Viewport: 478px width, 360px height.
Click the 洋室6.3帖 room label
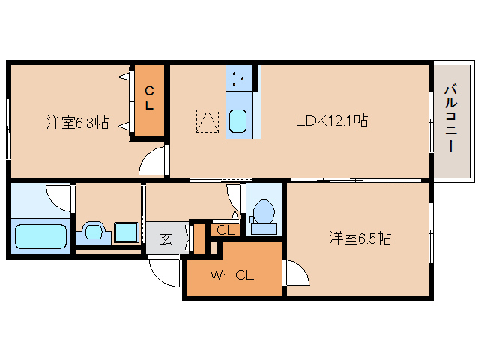point(77,122)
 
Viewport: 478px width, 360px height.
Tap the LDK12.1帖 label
point(331,120)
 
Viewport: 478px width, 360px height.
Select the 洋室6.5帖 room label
point(360,238)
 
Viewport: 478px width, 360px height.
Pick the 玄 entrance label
point(166,240)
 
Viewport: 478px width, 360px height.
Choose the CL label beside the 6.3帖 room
point(149,99)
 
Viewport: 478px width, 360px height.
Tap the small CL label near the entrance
point(226,230)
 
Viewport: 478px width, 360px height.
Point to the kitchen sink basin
point(239,121)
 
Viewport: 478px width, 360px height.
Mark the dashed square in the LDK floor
point(208,121)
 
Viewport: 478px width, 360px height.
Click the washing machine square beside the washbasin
point(126,232)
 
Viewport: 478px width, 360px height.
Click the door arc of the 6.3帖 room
point(153,161)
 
